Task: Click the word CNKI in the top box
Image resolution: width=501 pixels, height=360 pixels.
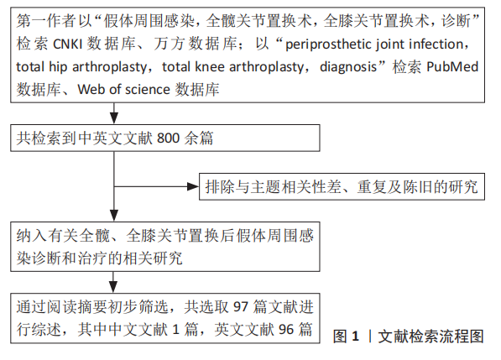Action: [x=68, y=44]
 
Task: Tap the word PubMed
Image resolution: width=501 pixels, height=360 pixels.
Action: [x=452, y=67]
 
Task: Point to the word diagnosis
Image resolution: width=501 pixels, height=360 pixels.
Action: [x=348, y=67]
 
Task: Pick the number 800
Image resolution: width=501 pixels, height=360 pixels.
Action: [x=168, y=138]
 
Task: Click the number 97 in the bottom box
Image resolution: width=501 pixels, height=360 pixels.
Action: [x=241, y=306]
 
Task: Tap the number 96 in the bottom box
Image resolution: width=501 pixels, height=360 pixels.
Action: [x=286, y=329]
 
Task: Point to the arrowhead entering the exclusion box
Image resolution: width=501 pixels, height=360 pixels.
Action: [x=193, y=186]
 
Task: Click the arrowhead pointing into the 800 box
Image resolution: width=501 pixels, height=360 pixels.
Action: [x=114, y=118]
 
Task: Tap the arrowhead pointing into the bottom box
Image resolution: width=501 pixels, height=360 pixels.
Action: [x=113, y=287]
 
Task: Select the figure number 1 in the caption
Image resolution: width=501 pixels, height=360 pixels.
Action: [x=355, y=337]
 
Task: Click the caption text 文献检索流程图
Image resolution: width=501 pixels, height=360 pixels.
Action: [x=431, y=337]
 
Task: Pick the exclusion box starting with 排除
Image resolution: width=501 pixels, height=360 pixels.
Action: [x=342, y=186]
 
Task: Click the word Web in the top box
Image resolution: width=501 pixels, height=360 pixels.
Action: [x=91, y=90]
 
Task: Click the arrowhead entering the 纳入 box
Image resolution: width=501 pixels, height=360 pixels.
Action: [x=114, y=216]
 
